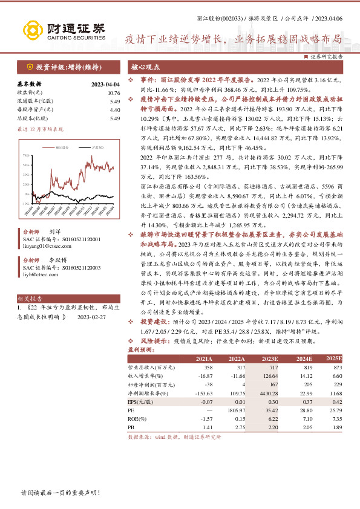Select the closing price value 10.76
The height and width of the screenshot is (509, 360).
tap(113, 93)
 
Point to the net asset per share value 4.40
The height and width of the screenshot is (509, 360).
tap(114, 110)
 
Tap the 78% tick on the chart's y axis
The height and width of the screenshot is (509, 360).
tap(26, 155)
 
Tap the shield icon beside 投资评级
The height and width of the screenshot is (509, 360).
tap(28, 67)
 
